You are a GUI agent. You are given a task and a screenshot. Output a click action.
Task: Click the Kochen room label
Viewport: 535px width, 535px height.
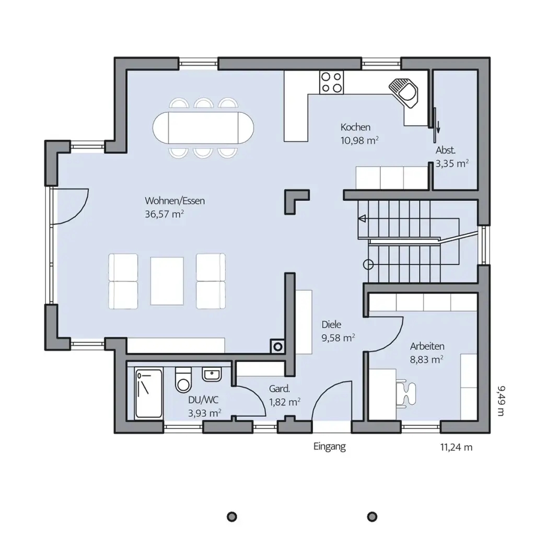click(355, 127)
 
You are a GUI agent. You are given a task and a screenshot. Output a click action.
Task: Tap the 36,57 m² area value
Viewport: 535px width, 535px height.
click(165, 214)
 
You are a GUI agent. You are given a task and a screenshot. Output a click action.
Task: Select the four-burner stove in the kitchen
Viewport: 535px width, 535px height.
click(331, 82)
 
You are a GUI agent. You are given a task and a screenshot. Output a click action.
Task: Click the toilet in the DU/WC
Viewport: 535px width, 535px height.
click(183, 380)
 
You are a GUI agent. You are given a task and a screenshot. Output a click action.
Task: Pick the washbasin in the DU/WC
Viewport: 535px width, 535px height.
click(212, 374)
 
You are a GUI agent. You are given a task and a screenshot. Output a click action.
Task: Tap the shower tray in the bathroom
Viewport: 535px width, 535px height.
click(148, 393)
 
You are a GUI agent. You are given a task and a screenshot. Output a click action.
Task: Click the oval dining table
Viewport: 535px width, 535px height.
click(203, 128)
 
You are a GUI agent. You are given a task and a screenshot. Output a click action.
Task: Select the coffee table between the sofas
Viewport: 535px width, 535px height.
click(167, 281)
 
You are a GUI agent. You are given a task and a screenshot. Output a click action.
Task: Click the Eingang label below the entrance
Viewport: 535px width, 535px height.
click(330, 447)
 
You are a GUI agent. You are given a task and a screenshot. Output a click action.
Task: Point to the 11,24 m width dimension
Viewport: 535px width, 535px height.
click(456, 447)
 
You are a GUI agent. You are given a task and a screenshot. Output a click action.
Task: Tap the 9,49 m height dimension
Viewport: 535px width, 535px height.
click(501, 401)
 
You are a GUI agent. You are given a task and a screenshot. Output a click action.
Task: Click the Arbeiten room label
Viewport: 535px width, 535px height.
click(427, 346)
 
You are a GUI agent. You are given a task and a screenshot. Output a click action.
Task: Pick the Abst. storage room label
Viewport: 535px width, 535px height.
click(445, 150)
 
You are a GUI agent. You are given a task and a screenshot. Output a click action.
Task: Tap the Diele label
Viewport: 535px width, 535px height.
click(331, 324)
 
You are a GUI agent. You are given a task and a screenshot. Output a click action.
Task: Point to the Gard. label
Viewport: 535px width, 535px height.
click(280, 389)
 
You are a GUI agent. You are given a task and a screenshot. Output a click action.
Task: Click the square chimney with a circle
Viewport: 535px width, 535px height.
click(278, 347)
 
